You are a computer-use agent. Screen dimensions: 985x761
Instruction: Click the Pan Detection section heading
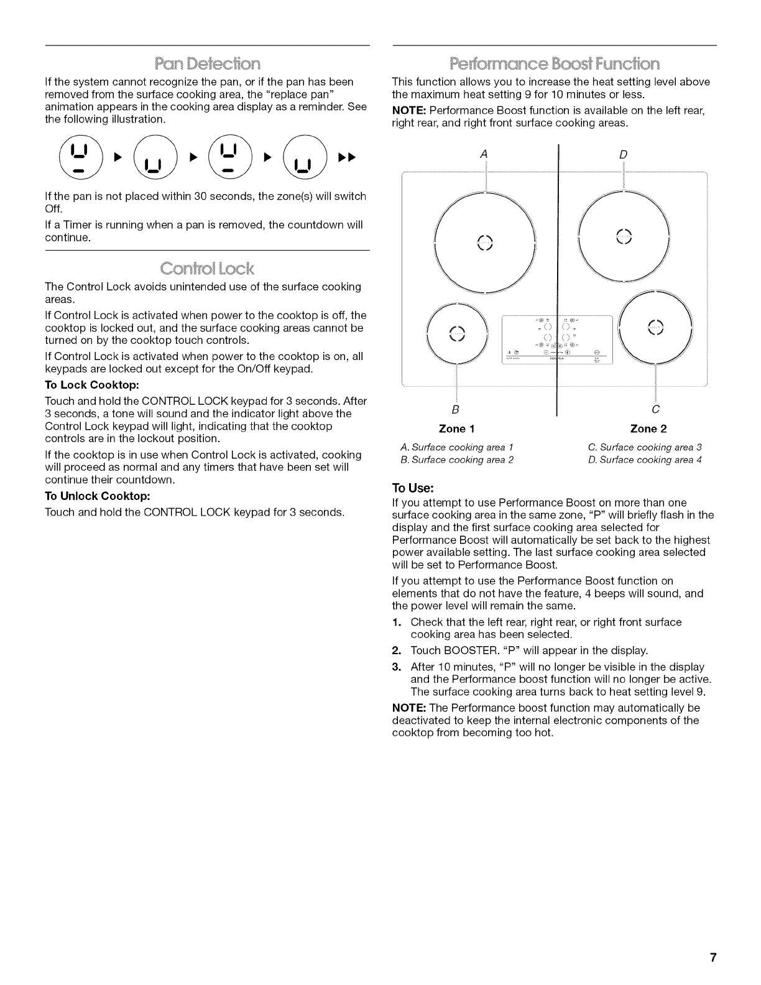tap(208, 63)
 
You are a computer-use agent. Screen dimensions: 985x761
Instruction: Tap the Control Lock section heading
tap(208, 269)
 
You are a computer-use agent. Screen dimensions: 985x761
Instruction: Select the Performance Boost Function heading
tap(555, 63)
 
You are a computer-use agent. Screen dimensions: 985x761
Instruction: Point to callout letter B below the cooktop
tap(456, 409)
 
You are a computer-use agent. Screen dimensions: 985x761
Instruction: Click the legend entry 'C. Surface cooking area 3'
tap(645, 447)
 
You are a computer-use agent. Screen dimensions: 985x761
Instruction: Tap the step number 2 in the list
tap(396, 651)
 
